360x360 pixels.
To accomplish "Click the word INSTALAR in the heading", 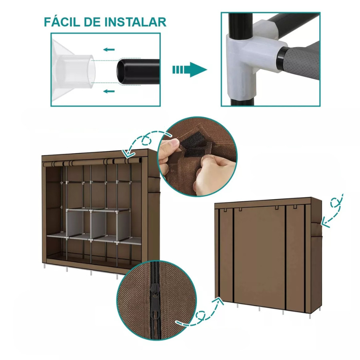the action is tap(135, 22).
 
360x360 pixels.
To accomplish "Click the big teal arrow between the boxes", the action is tap(190, 70).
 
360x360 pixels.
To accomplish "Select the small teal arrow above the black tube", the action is tap(109, 49).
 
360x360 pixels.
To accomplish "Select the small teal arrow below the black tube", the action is tap(109, 91).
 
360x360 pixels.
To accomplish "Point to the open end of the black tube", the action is tap(122, 72).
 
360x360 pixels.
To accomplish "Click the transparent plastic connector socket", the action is tap(74, 71).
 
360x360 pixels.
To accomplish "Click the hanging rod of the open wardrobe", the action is tap(92, 162).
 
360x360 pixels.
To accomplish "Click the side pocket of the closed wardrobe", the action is tap(317, 232).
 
